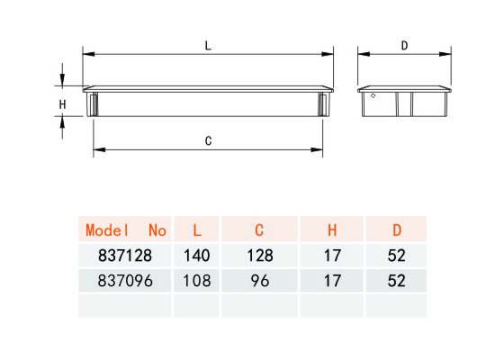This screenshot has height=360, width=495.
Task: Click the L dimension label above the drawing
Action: point(208,46)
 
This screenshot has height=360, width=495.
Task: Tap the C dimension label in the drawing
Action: point(208,140)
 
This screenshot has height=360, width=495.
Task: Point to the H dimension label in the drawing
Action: point(62,104)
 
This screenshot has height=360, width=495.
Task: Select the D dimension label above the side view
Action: point(404,46)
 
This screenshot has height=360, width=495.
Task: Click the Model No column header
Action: point(126,230)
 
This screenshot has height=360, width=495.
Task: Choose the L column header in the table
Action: point(197,230)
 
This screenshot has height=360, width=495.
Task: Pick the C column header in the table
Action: point(259,230)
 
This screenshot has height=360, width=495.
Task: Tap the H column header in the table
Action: point(332,230)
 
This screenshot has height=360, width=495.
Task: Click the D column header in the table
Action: point(397,230)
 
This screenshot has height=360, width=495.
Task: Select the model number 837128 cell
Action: point(125,256)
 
